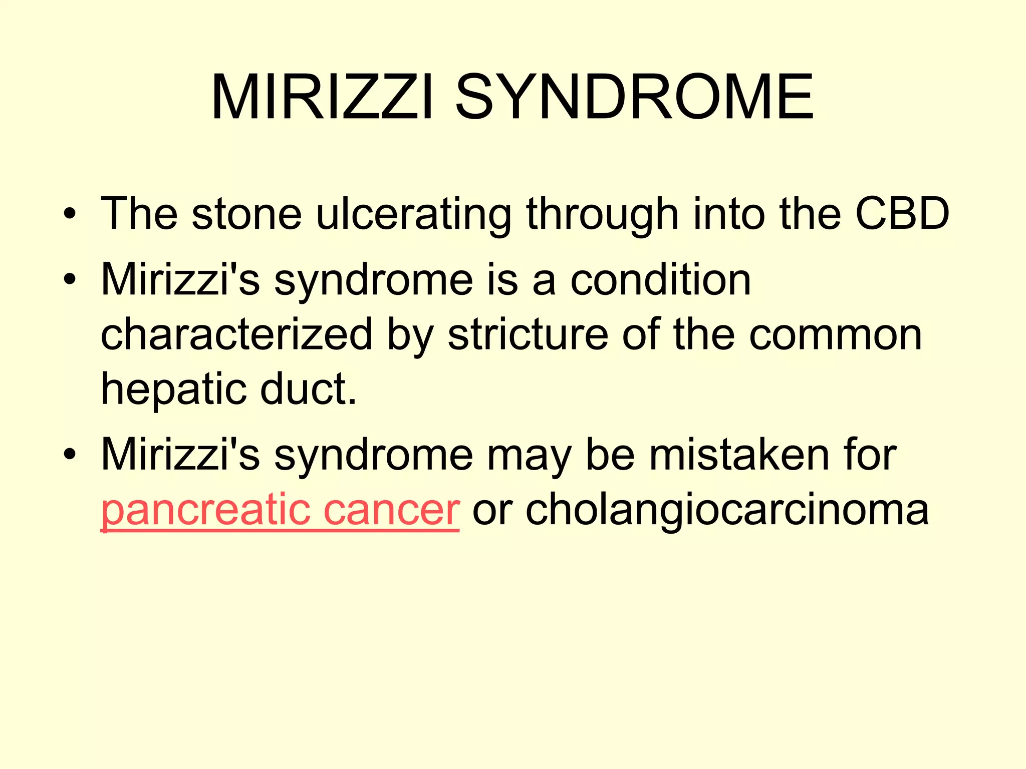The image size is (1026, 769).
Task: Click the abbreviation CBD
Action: point(902,214)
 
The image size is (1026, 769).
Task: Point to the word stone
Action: point(246,214)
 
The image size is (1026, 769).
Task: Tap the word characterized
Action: point(237,334)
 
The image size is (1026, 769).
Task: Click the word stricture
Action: point(528,334)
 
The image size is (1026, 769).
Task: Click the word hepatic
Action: point(172,390)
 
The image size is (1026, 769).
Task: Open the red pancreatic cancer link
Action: point(280,510)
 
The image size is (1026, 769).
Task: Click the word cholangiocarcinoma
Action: point(727,510)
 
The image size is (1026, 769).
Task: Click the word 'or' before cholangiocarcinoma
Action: point(492,510)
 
